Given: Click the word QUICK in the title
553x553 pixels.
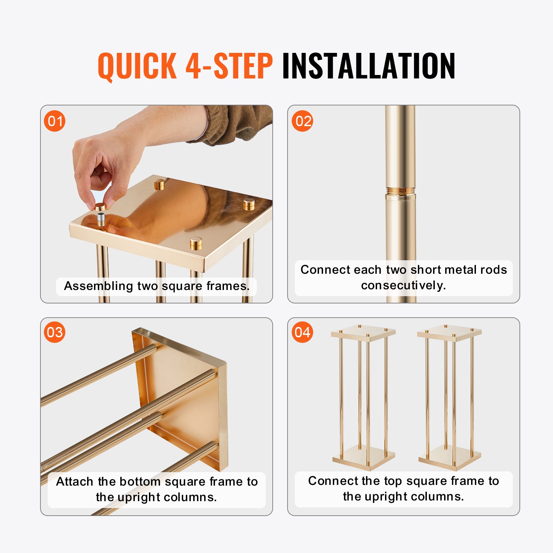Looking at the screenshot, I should [x=137, y=66].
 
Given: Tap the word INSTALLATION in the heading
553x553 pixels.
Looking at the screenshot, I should [x=368, y=66].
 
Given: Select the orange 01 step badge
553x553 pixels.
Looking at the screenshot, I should [x=55, y=121].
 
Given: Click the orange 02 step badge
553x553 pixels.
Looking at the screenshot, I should [x=302, y=121].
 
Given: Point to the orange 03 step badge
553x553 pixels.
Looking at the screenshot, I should [x=55, y=332].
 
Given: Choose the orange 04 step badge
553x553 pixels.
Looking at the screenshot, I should [x=302, y=332].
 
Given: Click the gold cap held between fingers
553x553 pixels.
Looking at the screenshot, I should [x=100, y=207].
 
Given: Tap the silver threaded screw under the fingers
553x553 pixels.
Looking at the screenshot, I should [x=101, y=219].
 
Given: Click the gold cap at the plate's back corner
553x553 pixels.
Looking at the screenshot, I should [x=159, y=184].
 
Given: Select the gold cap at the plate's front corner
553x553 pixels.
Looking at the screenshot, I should [x=196, y=243].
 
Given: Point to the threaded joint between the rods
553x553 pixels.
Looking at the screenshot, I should [x=400, y=190].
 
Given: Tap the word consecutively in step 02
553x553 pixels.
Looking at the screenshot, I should [x=403, y=285].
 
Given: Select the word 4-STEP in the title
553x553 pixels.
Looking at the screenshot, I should [x=229, y=66].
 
